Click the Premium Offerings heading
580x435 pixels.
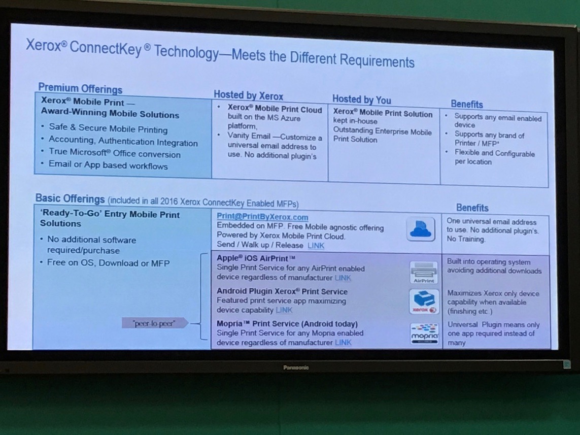coord(80,88)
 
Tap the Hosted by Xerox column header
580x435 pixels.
coord(248,95)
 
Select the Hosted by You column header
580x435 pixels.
coord(361,99)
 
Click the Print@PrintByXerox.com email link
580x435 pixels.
coord(262,217)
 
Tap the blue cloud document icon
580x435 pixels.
coord(421,229)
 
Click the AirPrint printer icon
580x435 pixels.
coord(424,273)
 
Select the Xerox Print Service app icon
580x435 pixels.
coord(424,302)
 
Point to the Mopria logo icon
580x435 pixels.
coord(425,333)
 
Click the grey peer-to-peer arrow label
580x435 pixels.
coord(155,323)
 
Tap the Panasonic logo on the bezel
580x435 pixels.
coord(296,367)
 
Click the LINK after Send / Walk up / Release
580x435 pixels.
coord(316,246)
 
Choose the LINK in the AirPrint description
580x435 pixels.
coord(343,278)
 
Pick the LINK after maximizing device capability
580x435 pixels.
coord(284,310)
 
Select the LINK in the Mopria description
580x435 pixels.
coord(343,343)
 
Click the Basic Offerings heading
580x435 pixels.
coord(71,198)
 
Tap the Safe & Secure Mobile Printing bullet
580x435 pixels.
coord(108,128)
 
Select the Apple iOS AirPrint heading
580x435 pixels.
coord(256,258)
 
